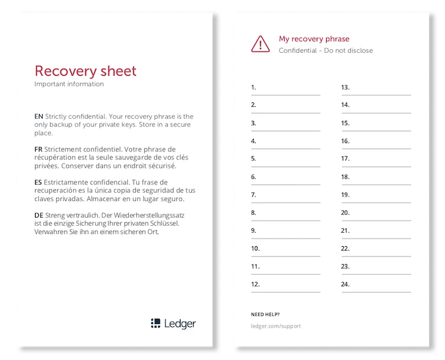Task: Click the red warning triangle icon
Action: point(261,43)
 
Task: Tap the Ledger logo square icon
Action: point(156,323)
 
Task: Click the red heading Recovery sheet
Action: point(85,71)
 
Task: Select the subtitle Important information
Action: point(69,84)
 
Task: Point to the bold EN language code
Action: point(39,116)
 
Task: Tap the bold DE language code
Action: point(39,216)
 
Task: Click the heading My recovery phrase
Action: point(314,39)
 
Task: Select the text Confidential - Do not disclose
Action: point(325,51)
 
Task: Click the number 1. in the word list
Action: point(254,87)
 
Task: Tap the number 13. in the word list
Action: point(346,87)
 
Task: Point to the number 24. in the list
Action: point(346,284)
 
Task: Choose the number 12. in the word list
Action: point(256,284)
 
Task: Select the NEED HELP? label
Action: point(265,315)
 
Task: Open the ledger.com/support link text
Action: point(276,326)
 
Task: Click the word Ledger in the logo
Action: point(180,323)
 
